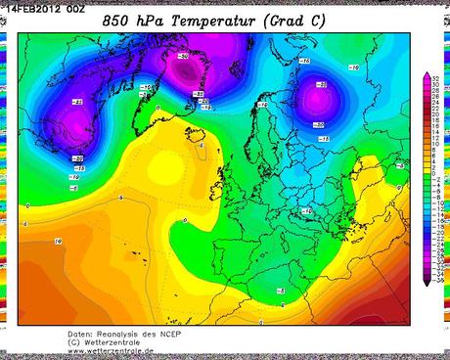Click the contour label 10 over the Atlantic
point(59,241)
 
